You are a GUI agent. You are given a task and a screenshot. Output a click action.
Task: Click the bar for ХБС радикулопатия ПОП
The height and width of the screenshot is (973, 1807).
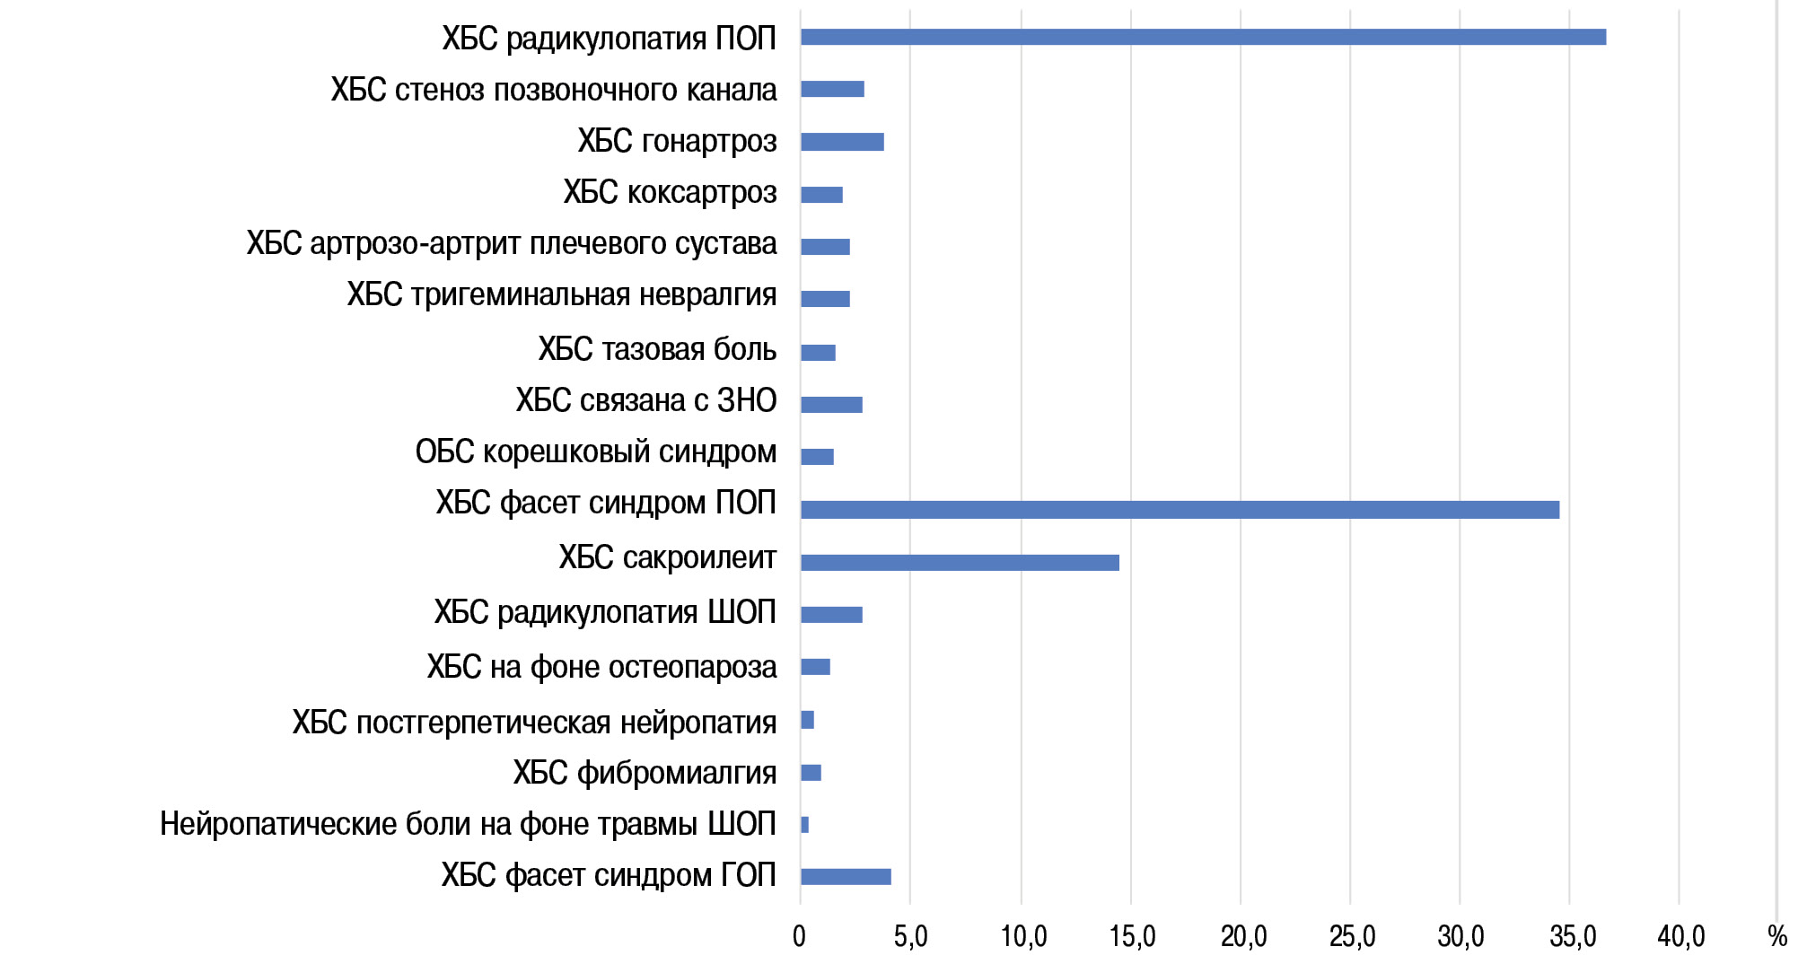pos(1203,37)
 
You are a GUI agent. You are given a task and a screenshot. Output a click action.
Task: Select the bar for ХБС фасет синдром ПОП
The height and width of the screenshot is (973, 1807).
pos(1180,510)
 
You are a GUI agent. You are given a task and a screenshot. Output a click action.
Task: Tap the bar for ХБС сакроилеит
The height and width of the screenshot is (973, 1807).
pos(960,563)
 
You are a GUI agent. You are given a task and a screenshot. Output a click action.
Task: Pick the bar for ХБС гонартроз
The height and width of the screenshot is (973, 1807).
pos(842,142)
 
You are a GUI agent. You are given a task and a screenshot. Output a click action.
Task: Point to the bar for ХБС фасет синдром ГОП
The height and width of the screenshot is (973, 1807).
pos(846,877)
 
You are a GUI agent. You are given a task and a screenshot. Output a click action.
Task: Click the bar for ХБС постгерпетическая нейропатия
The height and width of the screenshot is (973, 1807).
pos(807,720)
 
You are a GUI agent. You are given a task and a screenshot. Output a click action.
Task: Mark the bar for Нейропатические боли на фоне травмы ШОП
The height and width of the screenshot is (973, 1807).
pos(804,825)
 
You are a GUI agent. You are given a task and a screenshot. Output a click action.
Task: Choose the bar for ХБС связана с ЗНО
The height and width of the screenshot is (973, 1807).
pos(831,405)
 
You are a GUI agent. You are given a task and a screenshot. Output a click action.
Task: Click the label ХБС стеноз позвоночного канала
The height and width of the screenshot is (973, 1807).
pos(554,90)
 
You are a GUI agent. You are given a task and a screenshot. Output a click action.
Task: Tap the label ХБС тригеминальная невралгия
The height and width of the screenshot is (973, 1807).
pos(562,295)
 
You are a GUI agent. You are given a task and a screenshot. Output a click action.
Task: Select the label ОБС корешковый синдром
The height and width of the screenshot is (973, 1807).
pos(596,451)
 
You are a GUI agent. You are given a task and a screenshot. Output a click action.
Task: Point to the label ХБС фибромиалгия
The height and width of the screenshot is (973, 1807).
pos(645,773)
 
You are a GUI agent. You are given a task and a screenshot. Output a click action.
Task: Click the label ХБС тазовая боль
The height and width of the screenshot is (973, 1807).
pos(657,349)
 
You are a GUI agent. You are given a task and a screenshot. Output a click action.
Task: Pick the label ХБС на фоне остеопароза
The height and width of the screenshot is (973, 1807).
pos(601,667)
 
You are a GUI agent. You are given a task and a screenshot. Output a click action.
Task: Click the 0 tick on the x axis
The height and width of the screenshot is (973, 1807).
pos(799,937)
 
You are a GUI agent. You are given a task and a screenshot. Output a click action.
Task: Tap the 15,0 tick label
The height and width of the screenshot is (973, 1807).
pos(1132,937)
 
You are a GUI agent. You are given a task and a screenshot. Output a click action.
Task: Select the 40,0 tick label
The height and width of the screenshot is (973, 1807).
pos(1680,937)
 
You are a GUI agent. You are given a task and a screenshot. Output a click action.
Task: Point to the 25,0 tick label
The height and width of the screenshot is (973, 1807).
pos(1352,937)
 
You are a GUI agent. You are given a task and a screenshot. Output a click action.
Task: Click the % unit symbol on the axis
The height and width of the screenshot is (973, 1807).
pos(1776,937)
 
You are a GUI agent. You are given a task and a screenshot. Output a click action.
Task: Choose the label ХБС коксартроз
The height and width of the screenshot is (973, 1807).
pos(670,192)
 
